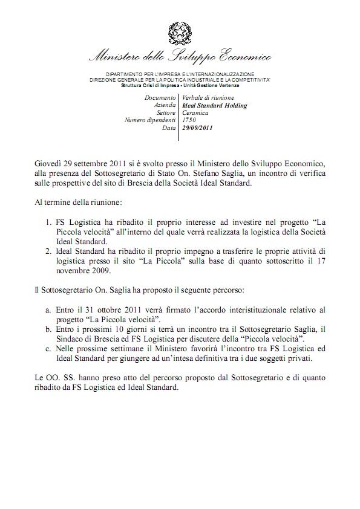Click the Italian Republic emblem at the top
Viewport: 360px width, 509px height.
click(x=180, y=31)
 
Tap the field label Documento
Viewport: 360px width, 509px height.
click(x=160, y=97)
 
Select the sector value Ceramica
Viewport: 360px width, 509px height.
click(x=195, y=112)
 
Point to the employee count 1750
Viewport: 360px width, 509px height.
click(x=188, y=120)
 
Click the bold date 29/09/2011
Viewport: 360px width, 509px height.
click(x=197, y=128)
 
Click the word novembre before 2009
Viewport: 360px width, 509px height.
click(x=71, y=270)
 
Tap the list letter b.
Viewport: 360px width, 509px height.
click(x=48, y=328)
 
